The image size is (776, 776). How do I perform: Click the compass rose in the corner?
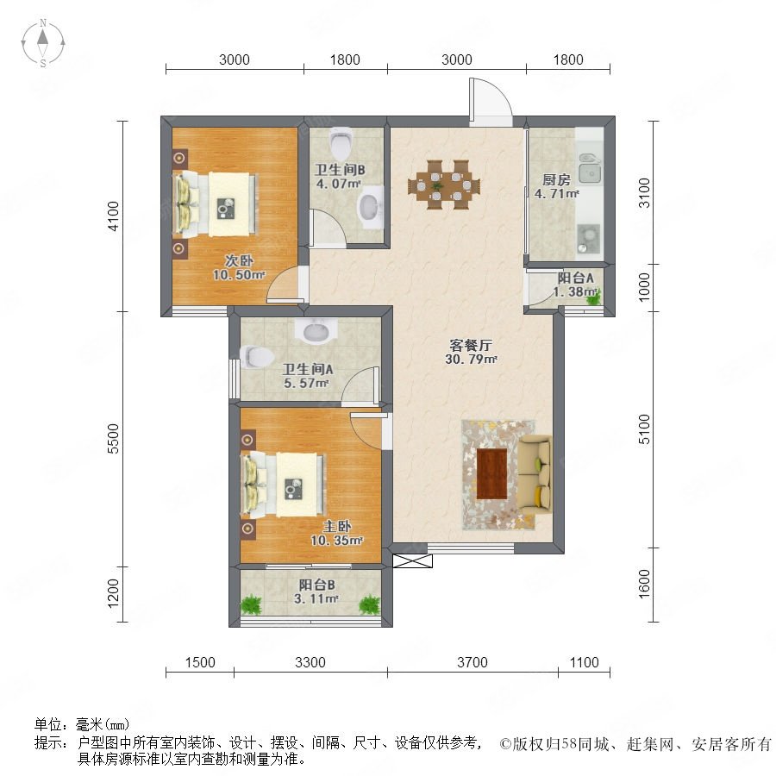click(x=43, y=43)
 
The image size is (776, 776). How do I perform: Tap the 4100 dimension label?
click(x=113, y=216)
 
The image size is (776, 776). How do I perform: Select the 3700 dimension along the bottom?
click(x=472, y=662)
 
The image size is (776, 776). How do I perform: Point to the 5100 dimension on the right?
click(x=644, y=429)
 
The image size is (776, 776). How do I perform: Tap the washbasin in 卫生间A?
click(x=316, y=330)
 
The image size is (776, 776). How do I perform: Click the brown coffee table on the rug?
click(x=491, y=473)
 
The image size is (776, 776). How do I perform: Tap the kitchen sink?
click(x=590, y=168)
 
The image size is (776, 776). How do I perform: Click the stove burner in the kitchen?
click(x=588, y=239)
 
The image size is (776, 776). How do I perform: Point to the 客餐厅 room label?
click(x=471, y=345)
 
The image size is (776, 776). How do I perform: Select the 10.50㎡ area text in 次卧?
click(x=239, y=275)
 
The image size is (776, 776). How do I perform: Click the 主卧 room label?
click(x=337, y=526)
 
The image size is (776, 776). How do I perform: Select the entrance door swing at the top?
click(x=491, y=102)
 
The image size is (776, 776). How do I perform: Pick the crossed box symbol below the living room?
click(x=412, y=560)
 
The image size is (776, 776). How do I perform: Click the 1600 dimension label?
click(x=644, y=584)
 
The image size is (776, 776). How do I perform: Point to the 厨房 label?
click(x=556, y=179)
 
